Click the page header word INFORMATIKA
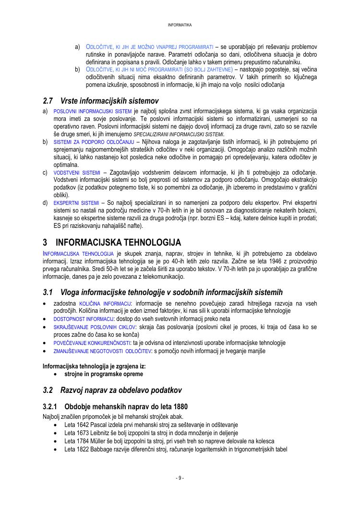pos(180,24)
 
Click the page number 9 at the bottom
pos(180,478)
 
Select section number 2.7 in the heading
pos(48,101)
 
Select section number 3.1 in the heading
pos(48,292)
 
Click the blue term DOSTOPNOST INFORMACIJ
pos(83,319)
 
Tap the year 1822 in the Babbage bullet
pos(84,450)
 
